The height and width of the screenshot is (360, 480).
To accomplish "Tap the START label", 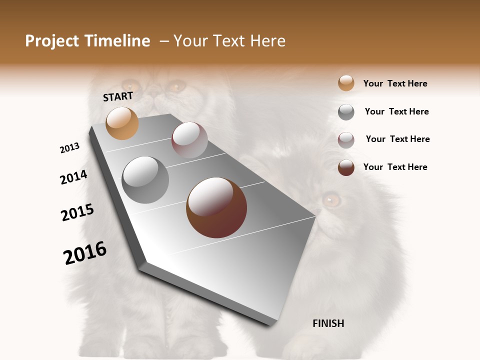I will pos(118,96).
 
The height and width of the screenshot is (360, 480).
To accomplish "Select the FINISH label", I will pos(328,323).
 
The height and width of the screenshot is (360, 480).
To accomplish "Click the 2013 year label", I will pos(70,148).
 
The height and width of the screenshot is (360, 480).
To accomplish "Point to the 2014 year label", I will pos(73,177).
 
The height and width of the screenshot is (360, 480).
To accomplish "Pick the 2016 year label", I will pos(85,253).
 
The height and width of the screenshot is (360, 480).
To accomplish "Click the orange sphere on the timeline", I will pos(122,123).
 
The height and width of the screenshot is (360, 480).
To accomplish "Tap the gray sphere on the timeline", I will pos(145,180).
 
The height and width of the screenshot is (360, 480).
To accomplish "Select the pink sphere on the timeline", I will pos(189,140).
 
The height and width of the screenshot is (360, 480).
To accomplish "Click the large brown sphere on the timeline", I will pos(216,207).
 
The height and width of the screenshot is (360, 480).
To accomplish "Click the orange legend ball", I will pos(346,83).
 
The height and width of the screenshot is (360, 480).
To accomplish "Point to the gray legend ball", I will pos(346,112).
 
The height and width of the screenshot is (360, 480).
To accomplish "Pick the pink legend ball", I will pos(346,140).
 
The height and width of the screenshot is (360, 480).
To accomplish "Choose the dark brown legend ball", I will pos(346,167).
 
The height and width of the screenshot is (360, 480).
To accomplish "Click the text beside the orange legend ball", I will pos(395,83).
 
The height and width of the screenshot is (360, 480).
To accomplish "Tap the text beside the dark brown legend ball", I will pos(395,167).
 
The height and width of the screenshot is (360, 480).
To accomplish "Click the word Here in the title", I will pos(267,41).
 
